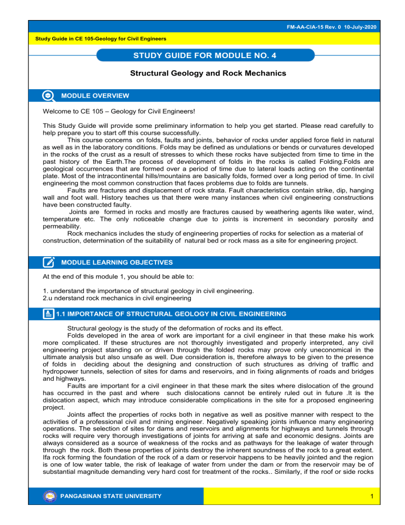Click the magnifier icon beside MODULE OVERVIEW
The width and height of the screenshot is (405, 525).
tap(49, 95)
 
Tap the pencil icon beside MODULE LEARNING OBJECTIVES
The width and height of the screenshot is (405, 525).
tap(49, 262)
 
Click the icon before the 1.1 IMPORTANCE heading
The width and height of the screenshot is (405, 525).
tap(49, 313)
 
